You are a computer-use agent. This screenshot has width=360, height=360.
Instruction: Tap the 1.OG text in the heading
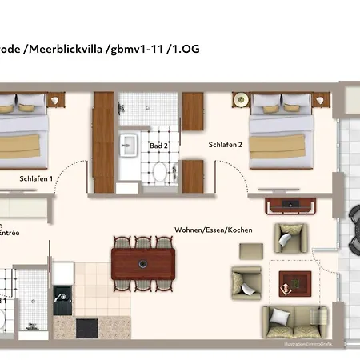[183, 49]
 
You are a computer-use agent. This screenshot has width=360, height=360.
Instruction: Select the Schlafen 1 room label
[36, 179]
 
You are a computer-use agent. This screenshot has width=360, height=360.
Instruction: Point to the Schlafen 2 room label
[226, 145]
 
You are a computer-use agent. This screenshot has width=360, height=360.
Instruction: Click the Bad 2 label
[158, 146]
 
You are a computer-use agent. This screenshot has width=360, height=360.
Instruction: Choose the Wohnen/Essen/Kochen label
[213, 230]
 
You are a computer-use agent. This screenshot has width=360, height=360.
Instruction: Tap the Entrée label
[10, 233]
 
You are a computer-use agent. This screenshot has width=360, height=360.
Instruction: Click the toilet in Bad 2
[158, 171]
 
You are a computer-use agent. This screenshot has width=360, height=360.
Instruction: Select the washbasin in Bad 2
[128, 145]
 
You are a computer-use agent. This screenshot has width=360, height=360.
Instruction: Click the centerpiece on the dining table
[142, 262]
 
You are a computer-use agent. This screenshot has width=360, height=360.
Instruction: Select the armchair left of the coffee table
[246, 281]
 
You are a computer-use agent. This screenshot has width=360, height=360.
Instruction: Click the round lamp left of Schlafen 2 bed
[239, 101]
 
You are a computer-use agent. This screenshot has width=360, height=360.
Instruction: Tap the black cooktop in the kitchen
[86, 328]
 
